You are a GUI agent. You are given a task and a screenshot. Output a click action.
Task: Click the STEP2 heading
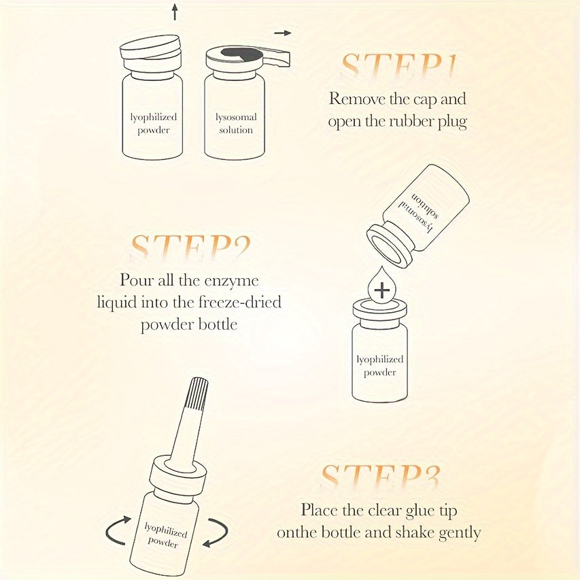coord(190,249)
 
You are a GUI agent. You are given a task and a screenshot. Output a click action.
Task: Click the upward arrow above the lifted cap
coord(175,12)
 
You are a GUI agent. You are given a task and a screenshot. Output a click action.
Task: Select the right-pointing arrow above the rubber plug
coord(283,33)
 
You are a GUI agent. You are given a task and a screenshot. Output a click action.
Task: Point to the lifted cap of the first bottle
coord(151,50)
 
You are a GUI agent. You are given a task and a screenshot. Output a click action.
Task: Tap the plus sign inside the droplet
coord(383,290)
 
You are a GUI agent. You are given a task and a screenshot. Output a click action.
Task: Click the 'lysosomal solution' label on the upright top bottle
coord(235,124)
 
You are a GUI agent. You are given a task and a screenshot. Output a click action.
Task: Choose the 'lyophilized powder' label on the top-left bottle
coord(153,124)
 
